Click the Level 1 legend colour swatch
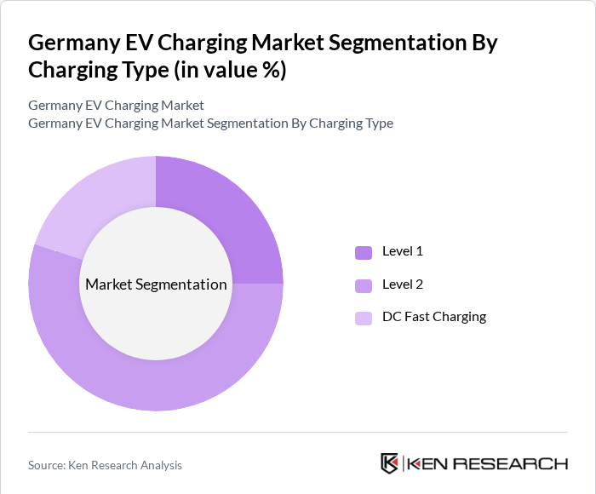click(x=364, y=252)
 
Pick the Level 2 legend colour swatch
click(x=364, y=285)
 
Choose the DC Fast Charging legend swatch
click(x=364, y=318)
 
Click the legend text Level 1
click(x=403, y=251)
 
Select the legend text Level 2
click(x=403, y=284)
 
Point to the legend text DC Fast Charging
click(x=434, y=317)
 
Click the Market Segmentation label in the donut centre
click(x=156, y=284)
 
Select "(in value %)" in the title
click(x=230, y=71)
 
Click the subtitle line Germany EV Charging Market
click(x=116, y=106)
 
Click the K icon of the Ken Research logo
click(x=390, y=463)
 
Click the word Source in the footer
click(x=47, y=465)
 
